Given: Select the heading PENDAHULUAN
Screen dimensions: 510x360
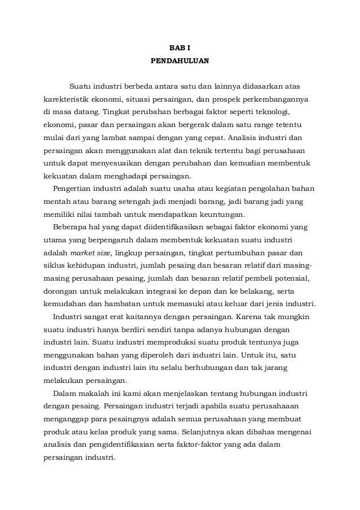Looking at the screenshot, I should pyautogui.click(x=180, y=58).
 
